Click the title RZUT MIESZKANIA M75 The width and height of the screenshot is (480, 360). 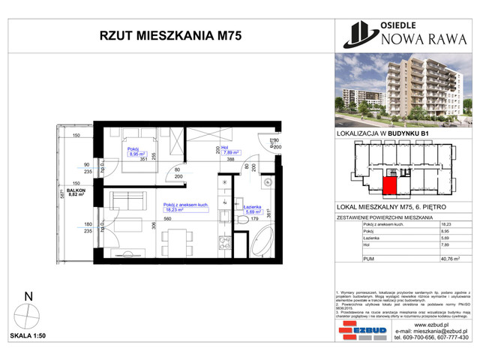(159, 34)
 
